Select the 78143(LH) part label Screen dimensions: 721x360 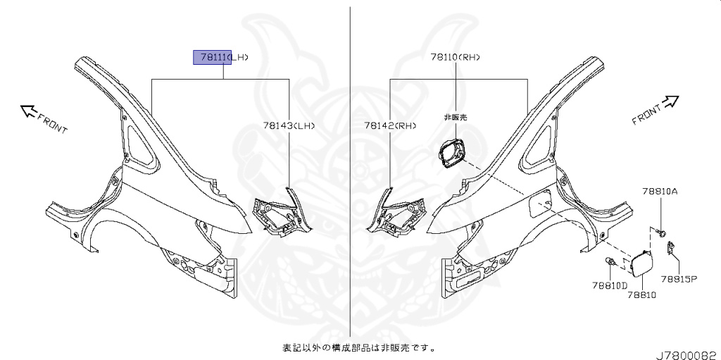(x=289, y=125)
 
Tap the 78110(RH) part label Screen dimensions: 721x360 (x=457, y=57)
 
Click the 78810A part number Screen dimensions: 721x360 (x=660, y=191)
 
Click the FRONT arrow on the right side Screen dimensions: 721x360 (x=654, y=112)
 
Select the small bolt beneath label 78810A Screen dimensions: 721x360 (x=662, y=231)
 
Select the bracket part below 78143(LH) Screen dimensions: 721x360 (x=280, y=214)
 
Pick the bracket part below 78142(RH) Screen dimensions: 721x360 (x=395, y=214)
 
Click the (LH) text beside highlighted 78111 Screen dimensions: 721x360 (x=240, y=57)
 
